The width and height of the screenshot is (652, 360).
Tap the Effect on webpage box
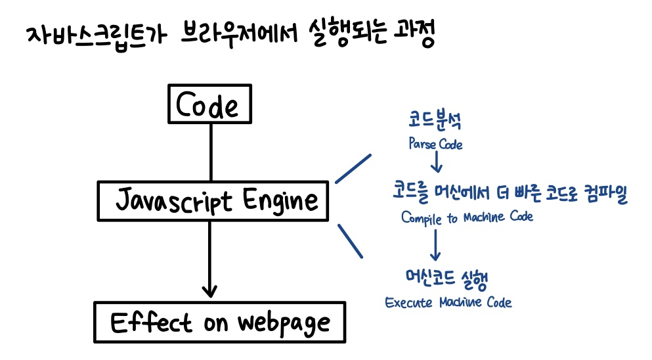(x=220, y=323)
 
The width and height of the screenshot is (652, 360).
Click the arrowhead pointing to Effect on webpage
(x=209, y=290)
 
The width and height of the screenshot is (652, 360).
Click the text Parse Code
(x=435, y=144)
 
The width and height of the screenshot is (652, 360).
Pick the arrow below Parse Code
(x=435, y=163)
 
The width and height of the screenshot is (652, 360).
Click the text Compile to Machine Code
(x=467, y=217)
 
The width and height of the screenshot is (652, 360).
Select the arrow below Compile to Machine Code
(x=435, y=246)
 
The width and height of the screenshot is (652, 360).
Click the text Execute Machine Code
(x=448, y=303)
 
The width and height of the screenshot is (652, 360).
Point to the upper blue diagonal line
(x=353, y=169)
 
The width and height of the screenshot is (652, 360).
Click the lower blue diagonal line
(x=351, y=240)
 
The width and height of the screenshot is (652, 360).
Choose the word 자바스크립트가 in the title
(x=91, y=35)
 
